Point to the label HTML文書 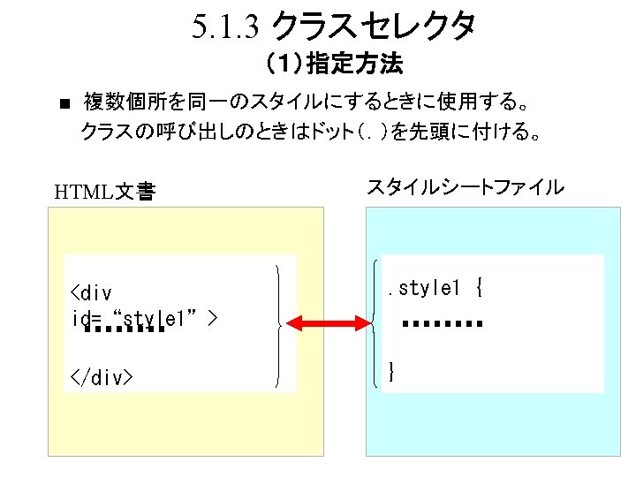tap(104, 191)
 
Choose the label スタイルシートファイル tap(465, 187)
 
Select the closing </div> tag tap(101, 378)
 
